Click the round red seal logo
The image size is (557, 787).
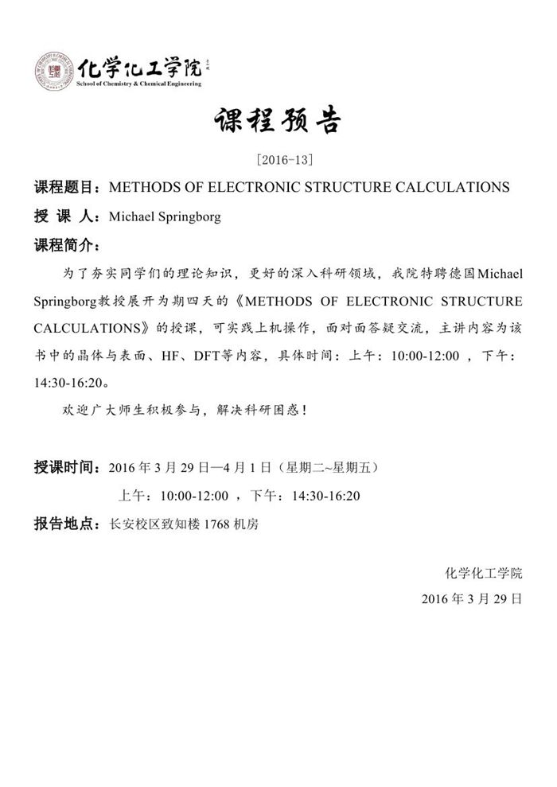[x=53, y=70]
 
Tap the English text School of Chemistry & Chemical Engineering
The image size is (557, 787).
[x=138, y=83]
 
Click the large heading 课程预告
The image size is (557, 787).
[x=278, y=123]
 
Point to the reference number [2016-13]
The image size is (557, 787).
[x=278, y=160]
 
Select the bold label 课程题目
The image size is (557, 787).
[x=64, y=188]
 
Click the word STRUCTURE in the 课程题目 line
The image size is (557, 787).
[x=362, y=188]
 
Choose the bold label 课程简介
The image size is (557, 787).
[x=64, y=244]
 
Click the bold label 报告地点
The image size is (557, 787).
[x=64, y=525]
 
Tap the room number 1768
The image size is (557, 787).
[x=218, y=525]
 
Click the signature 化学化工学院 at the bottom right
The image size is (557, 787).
[x=484, y=572]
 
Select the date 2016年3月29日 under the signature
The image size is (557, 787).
[x=472, y=598]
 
